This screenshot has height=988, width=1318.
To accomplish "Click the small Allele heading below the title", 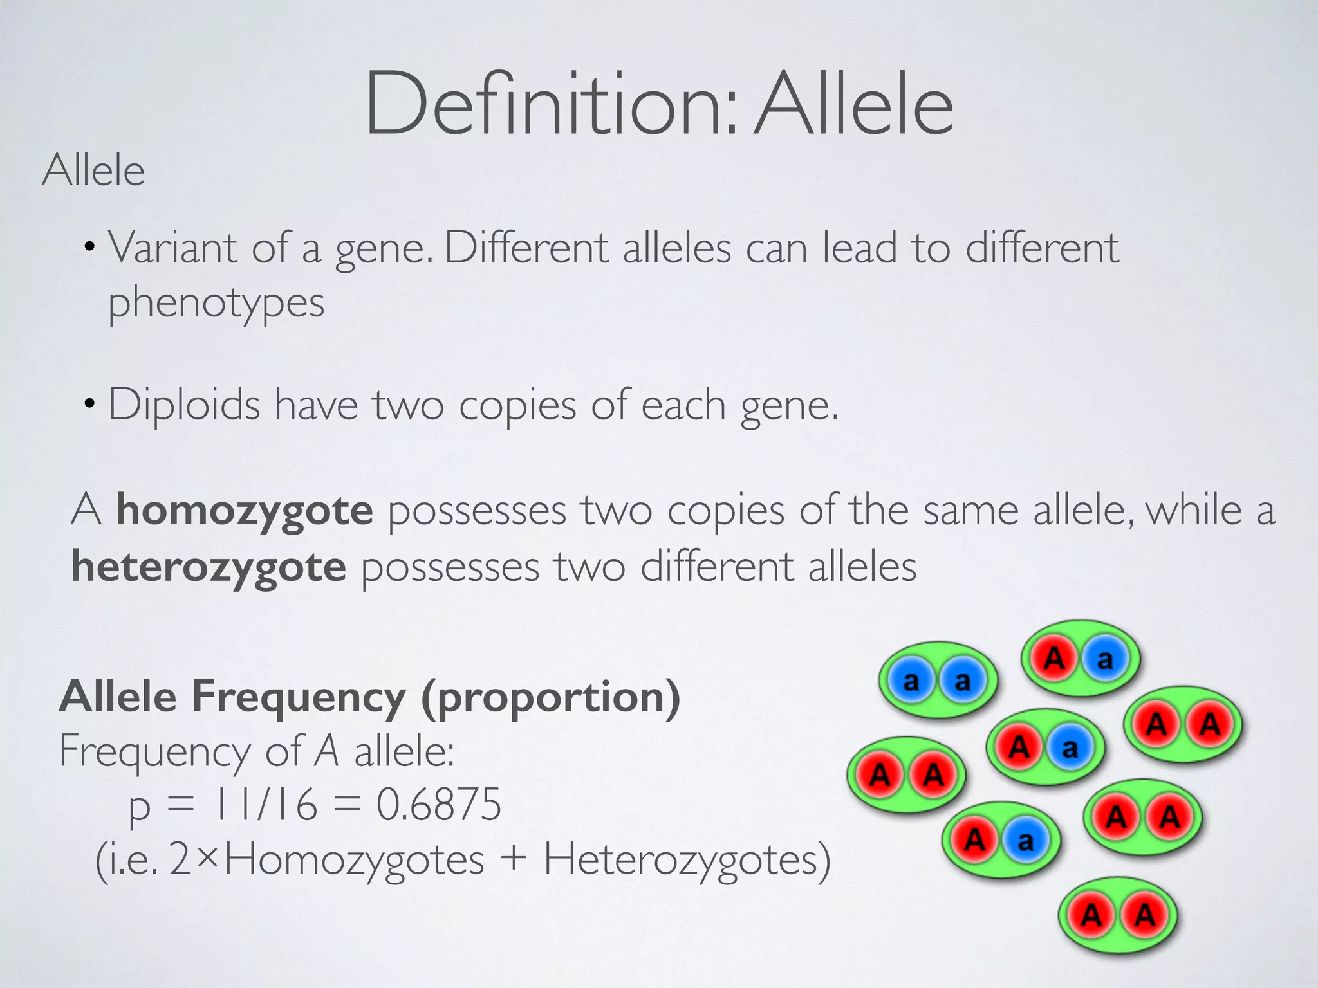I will pos(93,171).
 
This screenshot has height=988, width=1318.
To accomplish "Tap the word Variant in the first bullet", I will pos(172,248).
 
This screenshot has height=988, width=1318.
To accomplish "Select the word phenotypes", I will pos(216,303).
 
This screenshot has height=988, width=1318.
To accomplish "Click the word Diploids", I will pos(184,405).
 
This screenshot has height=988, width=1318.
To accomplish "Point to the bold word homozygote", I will pos(245,511).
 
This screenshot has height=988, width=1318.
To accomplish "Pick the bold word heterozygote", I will pos(209,567).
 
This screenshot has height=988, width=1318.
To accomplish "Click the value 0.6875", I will pos(438,804).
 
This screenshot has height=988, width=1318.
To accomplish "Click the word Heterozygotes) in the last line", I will pos(687,860).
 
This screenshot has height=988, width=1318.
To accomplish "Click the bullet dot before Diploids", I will pos(90,405).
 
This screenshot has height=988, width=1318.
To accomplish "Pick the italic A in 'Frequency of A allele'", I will pos(327,751).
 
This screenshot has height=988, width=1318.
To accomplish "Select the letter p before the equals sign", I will pos(140,807).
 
